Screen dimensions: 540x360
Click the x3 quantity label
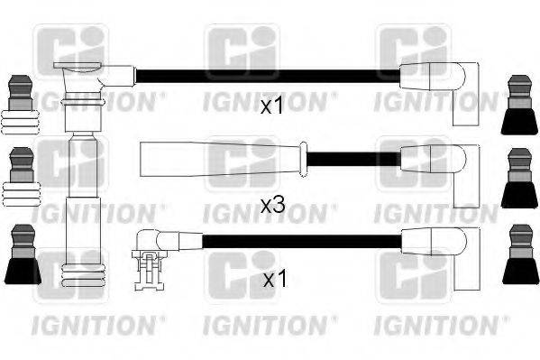point(271,206)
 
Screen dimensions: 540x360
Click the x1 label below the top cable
point(271,107)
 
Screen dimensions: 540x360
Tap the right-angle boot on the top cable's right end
point(436,84)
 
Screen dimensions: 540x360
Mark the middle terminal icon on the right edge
point(520,177)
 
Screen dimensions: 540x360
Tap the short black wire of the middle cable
point(352,159)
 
